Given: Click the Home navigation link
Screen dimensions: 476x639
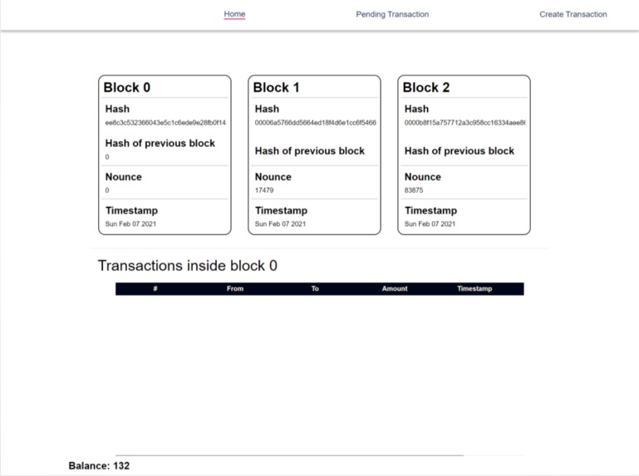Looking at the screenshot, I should pos(234,14).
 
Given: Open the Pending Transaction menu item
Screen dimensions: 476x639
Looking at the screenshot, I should pos(392,14).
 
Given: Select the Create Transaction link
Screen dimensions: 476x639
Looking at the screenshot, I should pos(573,14).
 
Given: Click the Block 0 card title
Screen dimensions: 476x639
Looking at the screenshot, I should pos(127,87).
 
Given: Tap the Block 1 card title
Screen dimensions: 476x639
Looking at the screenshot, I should pos(277,87).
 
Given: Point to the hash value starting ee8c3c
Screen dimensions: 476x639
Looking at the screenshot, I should pos(165,123).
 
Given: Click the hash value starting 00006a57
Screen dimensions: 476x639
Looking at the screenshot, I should pos(315,123).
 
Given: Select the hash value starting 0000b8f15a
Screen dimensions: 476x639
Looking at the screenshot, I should pos(465,123).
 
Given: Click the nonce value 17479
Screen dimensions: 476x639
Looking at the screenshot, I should pos(264,190).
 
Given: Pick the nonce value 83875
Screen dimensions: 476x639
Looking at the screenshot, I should pos(414,190).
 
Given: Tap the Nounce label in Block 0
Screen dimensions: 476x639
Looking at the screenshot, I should pos(124,177).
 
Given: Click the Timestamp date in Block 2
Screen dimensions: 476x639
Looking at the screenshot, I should pos(430,224).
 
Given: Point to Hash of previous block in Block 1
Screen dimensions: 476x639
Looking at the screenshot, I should pos(309,151).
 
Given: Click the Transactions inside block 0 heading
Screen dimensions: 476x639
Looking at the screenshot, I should pos(188,266).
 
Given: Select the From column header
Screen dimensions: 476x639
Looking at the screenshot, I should pos(235,289).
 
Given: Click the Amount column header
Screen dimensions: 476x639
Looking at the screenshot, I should pos(395,289).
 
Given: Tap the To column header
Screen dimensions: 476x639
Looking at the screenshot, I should pos(315,289).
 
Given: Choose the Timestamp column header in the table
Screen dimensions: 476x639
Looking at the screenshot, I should pos(474,289).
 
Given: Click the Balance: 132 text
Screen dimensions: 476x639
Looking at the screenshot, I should pos(99,466).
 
